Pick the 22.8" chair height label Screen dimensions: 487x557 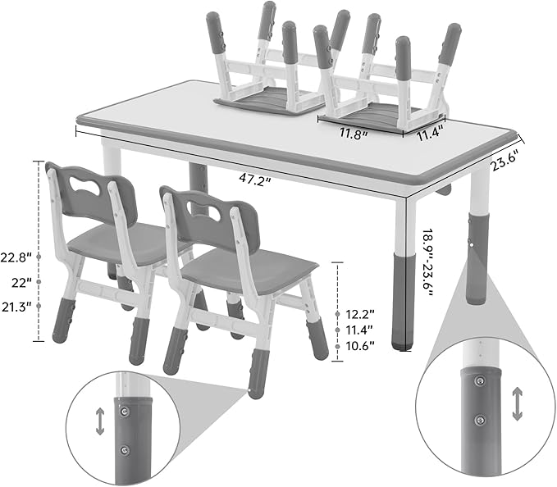point(16,257)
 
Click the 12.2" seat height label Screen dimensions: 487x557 point(359,313)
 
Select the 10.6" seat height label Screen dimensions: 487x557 point(359,345)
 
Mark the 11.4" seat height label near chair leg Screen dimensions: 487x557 point(359,330)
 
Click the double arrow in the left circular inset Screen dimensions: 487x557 point(100,421)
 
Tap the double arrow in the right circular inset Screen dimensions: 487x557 point(517,404)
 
